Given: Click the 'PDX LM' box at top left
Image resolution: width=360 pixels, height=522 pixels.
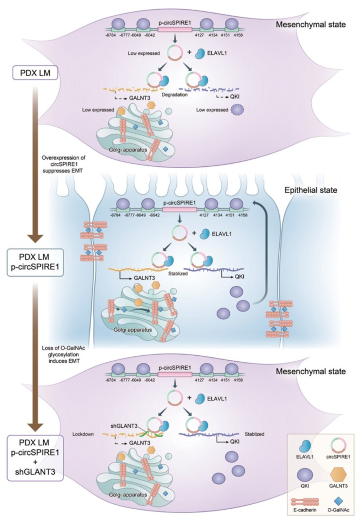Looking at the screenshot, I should (35, 73).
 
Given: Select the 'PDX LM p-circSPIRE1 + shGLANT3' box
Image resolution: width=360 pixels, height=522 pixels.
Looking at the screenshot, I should (35, 458).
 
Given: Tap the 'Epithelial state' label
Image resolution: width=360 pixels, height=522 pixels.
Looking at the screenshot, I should (311, 190).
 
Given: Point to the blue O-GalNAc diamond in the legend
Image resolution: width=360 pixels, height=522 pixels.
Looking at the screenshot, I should (338, 501).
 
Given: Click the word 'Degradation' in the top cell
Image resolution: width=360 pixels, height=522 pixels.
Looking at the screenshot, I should (175, 95).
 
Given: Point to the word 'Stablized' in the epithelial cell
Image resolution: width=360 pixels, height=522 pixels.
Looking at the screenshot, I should (178, 274).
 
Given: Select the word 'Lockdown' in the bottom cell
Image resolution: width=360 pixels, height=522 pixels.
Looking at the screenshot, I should (83, 434).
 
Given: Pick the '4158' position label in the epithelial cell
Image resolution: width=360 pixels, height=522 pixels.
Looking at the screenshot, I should (243, 215).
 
